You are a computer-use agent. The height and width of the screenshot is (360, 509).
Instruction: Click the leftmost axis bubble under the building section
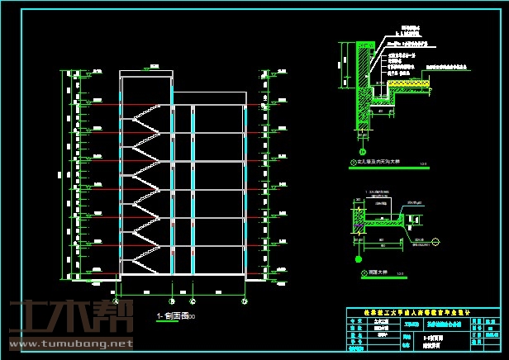pyautogui.click(x=122, y=292)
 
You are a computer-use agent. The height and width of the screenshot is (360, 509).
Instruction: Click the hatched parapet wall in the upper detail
pyautogui.click(x=362, y=83)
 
